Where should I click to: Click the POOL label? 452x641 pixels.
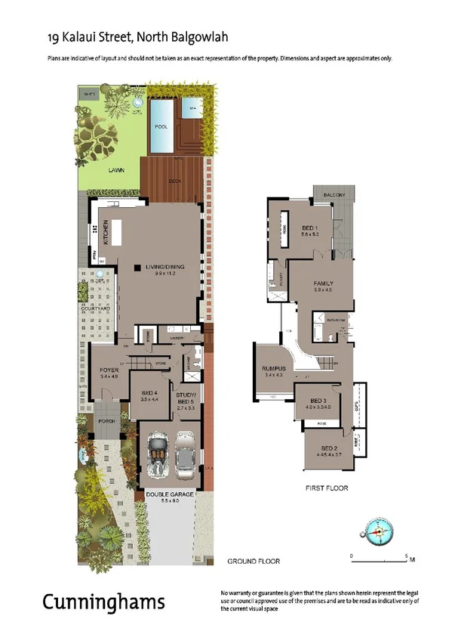click(x=161, y=127)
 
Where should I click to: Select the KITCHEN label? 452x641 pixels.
click(x=106, y=231)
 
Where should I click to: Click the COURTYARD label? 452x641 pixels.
click(x=96, y=309)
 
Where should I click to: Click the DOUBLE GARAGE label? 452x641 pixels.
click(x=167, y=495)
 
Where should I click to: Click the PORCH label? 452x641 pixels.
click(x=105, y=422)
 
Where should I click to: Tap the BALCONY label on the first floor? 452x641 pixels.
click(x=334, y=195)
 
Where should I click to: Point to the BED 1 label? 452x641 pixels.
click(x=310, y=228)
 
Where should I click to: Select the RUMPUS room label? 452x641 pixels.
click(x=272, y=369)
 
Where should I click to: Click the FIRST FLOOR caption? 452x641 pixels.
click(x=327, y=488)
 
